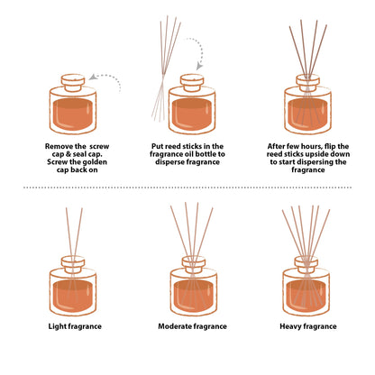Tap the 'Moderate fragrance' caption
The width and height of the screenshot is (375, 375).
pos(187,325)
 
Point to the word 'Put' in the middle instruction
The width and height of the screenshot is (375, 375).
pos(158,143)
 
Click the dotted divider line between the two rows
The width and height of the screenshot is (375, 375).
pos(187,187)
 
